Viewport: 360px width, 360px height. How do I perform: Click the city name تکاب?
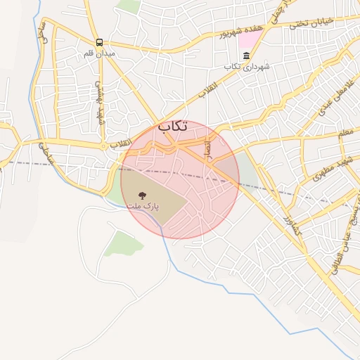(172, 127)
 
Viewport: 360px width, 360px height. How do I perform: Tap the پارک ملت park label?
(143, 207)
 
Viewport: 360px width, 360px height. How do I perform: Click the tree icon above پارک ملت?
(143, 195)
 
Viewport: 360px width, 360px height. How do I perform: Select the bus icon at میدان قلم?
(99, 42)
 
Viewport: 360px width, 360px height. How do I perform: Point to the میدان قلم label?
(99, 53)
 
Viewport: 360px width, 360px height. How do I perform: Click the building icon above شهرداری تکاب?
(245, 55)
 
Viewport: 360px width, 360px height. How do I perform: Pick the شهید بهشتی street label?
(100, 98)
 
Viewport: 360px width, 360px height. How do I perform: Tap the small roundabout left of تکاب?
(105, 146)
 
